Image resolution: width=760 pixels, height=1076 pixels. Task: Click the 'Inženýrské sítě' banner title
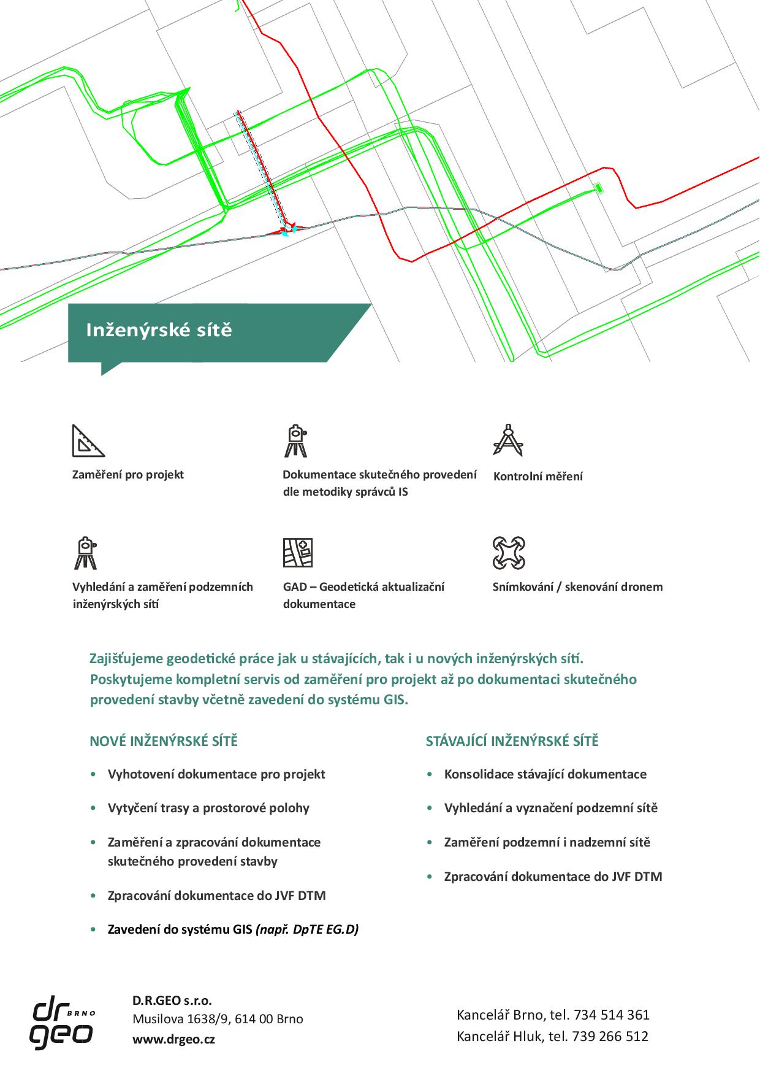(159, 330)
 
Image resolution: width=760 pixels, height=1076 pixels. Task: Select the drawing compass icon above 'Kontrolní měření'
(508, 440)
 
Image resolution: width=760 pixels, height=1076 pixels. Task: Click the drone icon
(509, 553)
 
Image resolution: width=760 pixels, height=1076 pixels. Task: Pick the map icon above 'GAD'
(298, 553)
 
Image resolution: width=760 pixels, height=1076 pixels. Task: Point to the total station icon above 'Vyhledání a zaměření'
(85, 553)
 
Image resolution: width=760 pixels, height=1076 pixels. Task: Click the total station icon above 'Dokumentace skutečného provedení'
(296, 440)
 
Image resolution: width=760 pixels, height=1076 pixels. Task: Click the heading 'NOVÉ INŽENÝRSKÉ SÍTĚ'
(164, 741)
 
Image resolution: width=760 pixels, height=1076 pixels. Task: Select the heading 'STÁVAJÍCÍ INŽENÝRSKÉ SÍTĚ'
(512, 741)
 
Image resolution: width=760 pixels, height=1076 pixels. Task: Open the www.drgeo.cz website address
(173, 1039)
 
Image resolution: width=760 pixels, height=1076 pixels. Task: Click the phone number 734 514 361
(610, 1015)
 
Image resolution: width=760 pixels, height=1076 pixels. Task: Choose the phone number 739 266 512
(610, 1036)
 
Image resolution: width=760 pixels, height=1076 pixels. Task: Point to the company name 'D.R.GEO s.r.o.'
(172, 1001)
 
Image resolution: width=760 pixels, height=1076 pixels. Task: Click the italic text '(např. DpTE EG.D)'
(307, 929)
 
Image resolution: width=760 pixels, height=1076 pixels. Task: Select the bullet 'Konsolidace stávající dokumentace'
(545, 774)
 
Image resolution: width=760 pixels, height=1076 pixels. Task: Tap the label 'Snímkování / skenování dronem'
(577, 586)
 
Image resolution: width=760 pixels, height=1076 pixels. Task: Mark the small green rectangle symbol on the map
(599, 188)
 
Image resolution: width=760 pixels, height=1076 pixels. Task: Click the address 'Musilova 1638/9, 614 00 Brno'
(218, 1019)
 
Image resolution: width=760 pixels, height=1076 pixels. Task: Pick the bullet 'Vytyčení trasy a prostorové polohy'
(208, 808)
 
